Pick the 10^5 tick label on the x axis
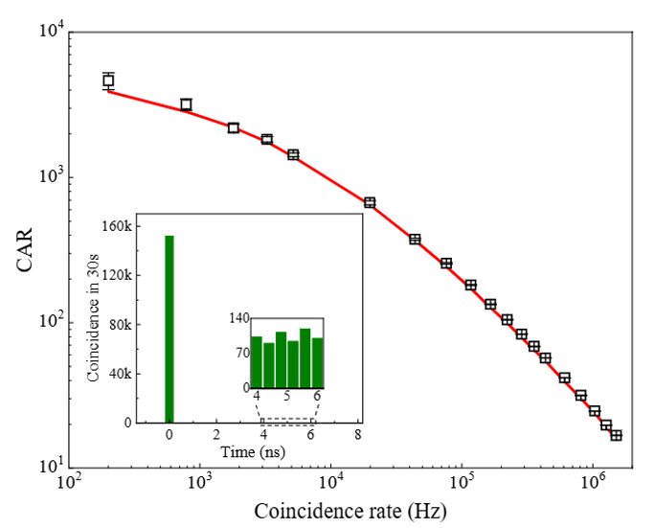(x=461, y=486)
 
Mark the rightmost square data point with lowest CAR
(x=616, y=435)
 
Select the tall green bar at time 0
(x=169, y=329)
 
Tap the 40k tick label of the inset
(x=119, y=374)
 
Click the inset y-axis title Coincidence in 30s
(x=94, y=323)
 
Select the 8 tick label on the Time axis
(x=358, y=435)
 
